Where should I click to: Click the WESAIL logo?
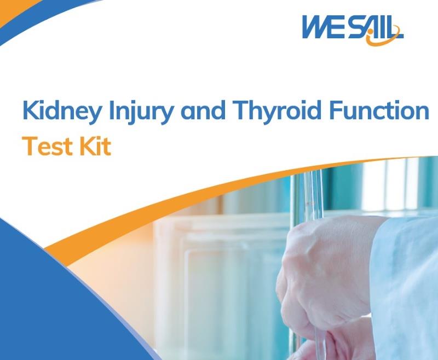(x=353, y=30)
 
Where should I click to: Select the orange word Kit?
(x=95, y=146)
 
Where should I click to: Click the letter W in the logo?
(x=315, y=27)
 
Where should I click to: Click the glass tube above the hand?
(x=313, y=195)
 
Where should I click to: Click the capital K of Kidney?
(x=30, y=110)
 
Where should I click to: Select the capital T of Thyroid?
(x=241, y=110)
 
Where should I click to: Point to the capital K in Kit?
(x=87, y=146)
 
